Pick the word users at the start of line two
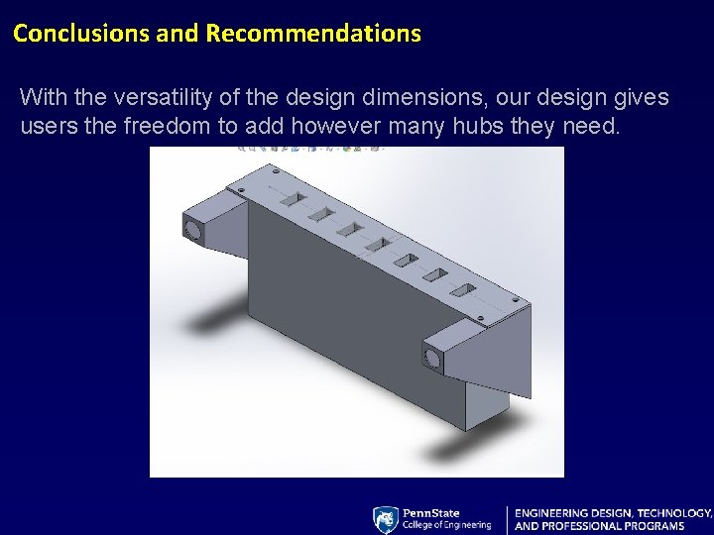pyautogui.click(x=45, y=128)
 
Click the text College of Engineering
pyautogui.click(x=446, y=525)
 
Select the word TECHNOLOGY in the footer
pyautogui.click(x=674, y=513)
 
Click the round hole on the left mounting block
pyautogui.click(x=192, y=230)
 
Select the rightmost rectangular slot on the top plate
pyautogui.click(x=462, y=290)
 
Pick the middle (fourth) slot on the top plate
pyautogui.click(x=377, y=244)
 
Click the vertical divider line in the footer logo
pyautogui.click(x=507, y=520)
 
